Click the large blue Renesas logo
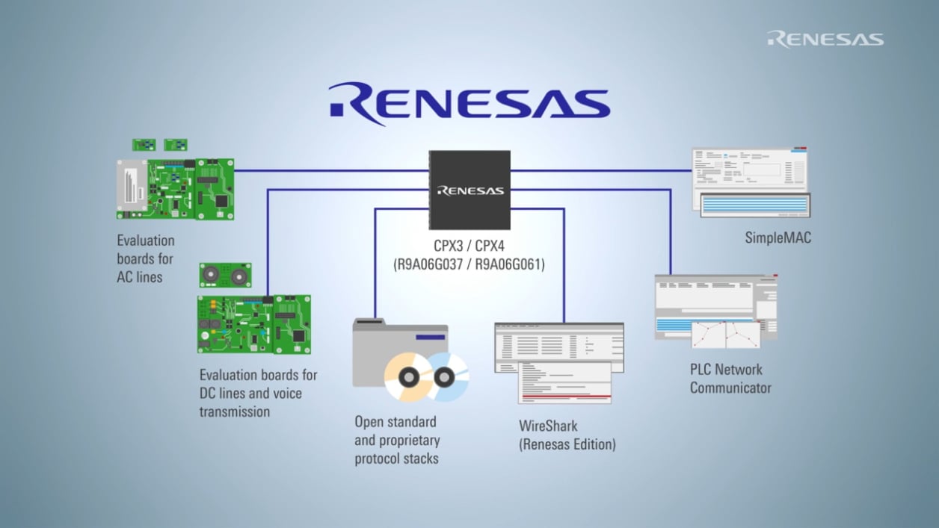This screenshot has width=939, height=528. pos(469,102)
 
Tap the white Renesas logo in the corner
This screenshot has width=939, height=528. pos(825,39)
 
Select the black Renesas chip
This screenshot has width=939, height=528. pos(469,190)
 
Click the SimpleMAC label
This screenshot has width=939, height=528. pos(778,238)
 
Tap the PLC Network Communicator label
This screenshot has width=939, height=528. pos(730,379)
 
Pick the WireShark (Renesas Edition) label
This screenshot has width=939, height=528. pos(567,435)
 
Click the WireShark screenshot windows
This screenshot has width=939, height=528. pos(558,361)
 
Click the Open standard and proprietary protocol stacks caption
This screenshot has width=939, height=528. pos(397,440)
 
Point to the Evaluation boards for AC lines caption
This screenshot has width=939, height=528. pos(146,258)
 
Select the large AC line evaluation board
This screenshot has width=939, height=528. pos(175,189)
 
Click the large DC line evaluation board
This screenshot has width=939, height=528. pos(253,324)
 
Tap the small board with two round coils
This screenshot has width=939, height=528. pos(225,275)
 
